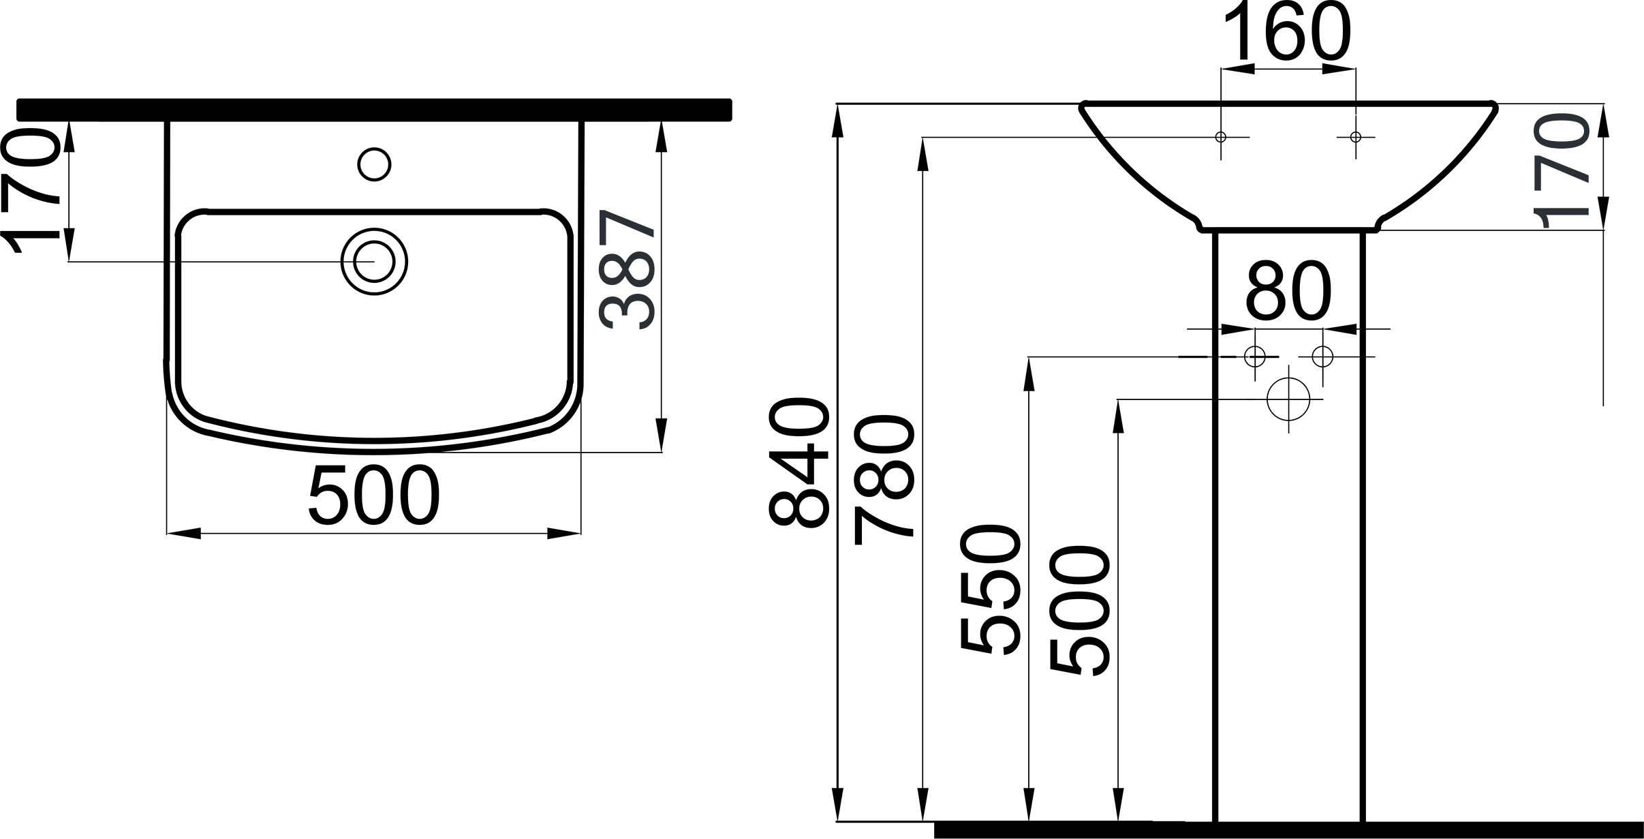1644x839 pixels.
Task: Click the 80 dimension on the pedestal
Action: (x=1288, y=292)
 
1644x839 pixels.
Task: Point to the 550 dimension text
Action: (x=991, y=589)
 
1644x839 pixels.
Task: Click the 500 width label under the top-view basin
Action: (x=374, y=496)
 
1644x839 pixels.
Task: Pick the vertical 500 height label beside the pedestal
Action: (x=1081, y=610)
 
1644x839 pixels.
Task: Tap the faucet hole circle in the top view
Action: (x=374, y=164)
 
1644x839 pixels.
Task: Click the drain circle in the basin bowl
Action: (x=374, y=261)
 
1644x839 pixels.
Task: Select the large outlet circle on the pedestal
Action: (x=1288, y=399)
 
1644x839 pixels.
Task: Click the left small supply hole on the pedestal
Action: (x=1255, y=356)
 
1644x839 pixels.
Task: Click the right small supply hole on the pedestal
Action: (x=1322, y=356)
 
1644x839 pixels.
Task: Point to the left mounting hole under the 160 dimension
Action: (x=1221, y=137)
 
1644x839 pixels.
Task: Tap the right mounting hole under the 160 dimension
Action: (x=1356, y=137)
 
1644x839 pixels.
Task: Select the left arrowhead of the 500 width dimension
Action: (x=183, y=534)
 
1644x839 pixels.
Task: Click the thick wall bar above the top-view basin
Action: (x=374, y=110)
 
